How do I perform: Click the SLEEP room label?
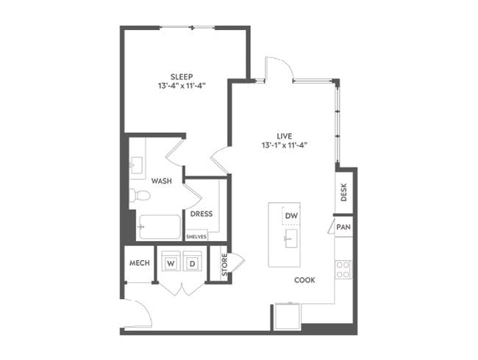[x=182, y=76]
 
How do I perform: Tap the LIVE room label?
[x=285, y=135]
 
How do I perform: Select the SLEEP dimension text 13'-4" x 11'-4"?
[x=182, y=86]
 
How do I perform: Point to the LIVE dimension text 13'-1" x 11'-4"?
[x=285, y=145]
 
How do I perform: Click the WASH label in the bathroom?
[x=162, y=181]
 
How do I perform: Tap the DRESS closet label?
[x=201, y=215]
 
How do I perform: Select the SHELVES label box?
[x=196, y=237]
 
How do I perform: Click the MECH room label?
[x=139, y=263]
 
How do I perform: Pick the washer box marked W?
[x=171, y=263]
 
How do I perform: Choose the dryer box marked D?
[x=192, y=263]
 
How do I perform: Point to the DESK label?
[x=344, y=192]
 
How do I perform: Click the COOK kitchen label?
[x=305, y=280]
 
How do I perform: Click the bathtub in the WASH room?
[x=160, y=227]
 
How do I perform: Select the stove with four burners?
[x=343, y=270]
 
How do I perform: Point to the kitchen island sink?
[x=290, y=237]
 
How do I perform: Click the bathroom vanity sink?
[x=138, y=168]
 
